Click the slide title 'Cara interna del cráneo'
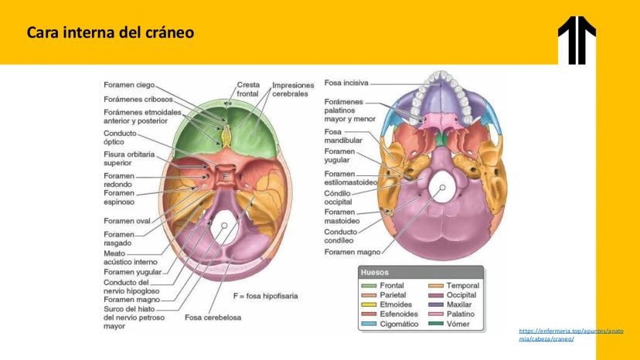[111, 32]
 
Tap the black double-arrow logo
[577, 40]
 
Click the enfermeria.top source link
[571, 335]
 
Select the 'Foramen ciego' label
[129, 85]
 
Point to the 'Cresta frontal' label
[248, 90]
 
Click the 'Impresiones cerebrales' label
[293, 90]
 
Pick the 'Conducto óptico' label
[120, 138]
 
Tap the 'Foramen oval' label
[127, 221]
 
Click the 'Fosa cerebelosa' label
[213, 318]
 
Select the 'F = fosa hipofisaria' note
[265, 296]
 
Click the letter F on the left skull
[224, 177]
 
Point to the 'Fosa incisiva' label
[346, 83]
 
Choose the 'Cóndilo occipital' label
[338, 198]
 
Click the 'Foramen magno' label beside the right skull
[352, 252]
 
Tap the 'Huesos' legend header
[375, 272]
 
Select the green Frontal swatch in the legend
[369, 286]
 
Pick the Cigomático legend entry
[390, 324]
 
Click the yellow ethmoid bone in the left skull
[226, 136]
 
